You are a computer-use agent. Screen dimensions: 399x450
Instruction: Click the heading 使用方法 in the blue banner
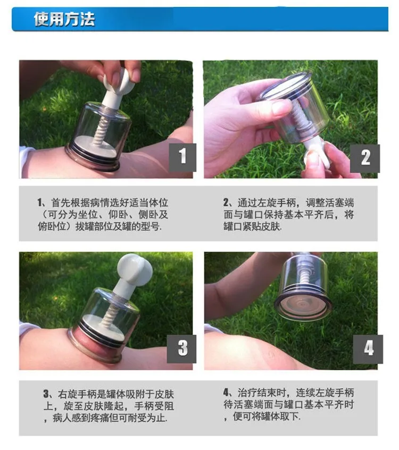pos(64,19)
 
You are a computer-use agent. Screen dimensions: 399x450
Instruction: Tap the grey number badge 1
pos(182,157)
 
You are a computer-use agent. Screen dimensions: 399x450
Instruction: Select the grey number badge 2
pos(365,159)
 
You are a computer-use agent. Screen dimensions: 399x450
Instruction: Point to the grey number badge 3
pos(182,348)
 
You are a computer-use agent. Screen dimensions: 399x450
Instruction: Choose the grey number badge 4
pos(368,349)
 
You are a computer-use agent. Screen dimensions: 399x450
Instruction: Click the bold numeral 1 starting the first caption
pos(39,203)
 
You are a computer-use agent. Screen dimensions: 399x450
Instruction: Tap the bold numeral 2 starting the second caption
pos(226,203)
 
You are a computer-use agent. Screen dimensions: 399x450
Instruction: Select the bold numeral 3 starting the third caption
pos(46,394)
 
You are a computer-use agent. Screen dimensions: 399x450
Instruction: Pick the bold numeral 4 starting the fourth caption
pos(227,393)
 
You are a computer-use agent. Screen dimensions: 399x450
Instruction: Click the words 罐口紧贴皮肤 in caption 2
pos(252,227)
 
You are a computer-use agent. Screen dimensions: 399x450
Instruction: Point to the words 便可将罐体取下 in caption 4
pos(265,416)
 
